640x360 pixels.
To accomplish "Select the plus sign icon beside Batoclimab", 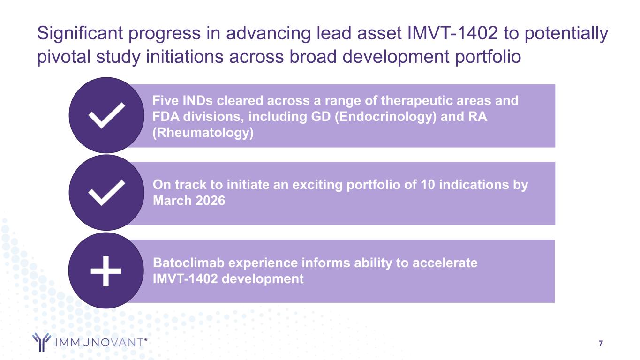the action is click(x=105, y=271).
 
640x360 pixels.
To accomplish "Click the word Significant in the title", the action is click(x=80, y=33).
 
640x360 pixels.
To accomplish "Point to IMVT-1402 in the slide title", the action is click(x=452, y=33).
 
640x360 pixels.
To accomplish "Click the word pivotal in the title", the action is click(x=64, y=57).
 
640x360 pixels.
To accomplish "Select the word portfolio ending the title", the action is click(x=488, y=57).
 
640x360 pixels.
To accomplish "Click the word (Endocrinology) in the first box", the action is click(x=385, y=117).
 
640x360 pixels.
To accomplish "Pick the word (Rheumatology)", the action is click(x=203, y=133).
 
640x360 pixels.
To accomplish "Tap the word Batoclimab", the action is click(x=188, y=263).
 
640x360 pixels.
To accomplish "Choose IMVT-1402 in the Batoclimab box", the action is click(x=185, y=279).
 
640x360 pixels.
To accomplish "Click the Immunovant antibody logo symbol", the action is click(x=42, y=342).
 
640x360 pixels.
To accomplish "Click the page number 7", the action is click(x=601, y=343).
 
